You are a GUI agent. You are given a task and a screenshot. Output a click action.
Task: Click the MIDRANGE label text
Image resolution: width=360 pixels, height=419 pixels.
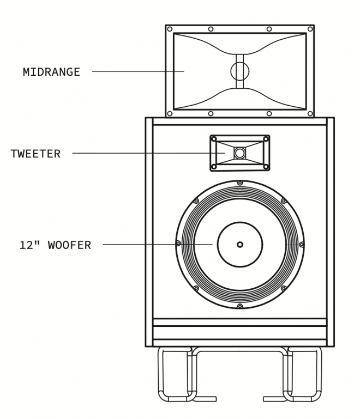coord(51,72)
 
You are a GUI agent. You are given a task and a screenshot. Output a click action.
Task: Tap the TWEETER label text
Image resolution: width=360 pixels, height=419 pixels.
coord(35,154)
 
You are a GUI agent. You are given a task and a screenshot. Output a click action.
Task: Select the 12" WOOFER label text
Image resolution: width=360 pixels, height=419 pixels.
coord(55,245)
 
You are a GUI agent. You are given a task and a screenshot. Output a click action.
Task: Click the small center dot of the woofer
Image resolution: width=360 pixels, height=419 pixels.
coord(240,245)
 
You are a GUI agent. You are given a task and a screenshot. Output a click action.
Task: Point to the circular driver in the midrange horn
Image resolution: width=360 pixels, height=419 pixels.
coord(239,71)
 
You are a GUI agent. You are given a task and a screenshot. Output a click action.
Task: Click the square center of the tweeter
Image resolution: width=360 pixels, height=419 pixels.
coord(240,153)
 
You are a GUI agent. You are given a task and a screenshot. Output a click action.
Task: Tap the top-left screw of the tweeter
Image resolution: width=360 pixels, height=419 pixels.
coord(214,139)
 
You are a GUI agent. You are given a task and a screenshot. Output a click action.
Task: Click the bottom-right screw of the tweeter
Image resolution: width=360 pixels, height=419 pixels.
coord(266,167)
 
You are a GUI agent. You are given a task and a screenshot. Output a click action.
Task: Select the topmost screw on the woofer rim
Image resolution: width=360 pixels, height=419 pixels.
coord(240,183)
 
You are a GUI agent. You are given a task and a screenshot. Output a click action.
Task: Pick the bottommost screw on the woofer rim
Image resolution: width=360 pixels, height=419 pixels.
coord(240,306)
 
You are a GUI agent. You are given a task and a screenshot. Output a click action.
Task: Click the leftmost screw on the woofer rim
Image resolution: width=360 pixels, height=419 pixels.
coord(178,244)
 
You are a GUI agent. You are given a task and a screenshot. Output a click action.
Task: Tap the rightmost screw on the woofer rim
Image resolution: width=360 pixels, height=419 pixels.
coord(302,244)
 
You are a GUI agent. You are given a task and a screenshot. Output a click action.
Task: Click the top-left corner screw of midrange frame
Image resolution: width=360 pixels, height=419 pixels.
coord(170,29)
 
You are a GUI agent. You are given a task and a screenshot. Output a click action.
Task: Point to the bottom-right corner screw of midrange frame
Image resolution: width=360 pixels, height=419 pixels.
coord(310,113)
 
